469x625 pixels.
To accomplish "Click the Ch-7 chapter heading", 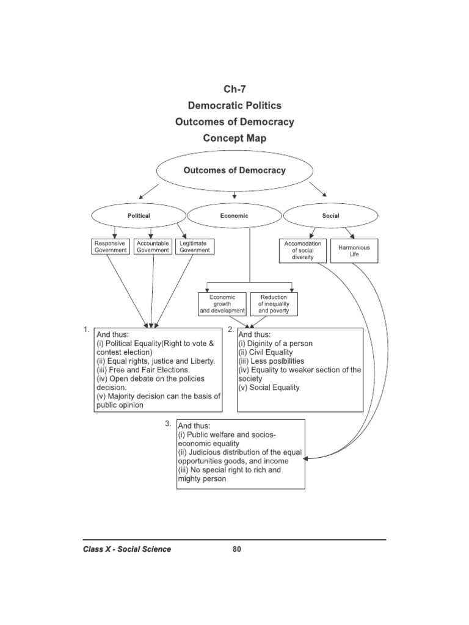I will pos(234,89).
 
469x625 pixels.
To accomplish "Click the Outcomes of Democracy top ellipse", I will pos(234,171).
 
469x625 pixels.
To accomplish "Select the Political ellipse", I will pos(139,215).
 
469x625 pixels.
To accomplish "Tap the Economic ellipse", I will pos(234,215).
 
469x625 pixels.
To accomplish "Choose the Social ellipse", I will pos(330,215).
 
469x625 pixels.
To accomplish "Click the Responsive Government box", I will pos(110,246).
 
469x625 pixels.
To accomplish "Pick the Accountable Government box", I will pos(153,246).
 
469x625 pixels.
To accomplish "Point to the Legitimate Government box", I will pos(195,246).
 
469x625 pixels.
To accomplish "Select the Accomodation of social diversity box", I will pos(303,250).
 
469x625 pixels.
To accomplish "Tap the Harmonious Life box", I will pos(354,250).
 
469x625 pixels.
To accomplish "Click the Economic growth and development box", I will pos(222,304).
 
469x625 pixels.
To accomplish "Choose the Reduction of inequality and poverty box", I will pos(274,304).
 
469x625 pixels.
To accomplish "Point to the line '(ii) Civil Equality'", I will pos(266,352).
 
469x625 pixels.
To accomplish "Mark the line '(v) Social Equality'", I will pos(269,388).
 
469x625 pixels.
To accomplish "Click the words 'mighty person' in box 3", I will pos(202,479).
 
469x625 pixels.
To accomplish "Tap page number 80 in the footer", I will pos(237,549).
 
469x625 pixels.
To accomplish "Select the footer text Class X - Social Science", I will pos(127,549).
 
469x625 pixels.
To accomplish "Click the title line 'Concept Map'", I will pos(234,138).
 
